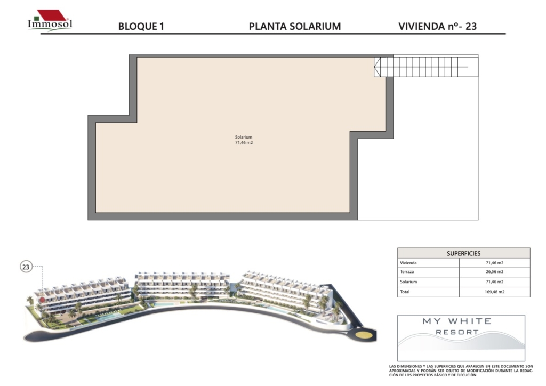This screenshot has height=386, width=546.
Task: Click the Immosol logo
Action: pyautogui.click(x=50, y=21)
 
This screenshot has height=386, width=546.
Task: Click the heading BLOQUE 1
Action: pyautogui.click(x=141, y=27)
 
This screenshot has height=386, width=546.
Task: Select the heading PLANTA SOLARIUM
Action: pyautogui.click(x=294, y=27)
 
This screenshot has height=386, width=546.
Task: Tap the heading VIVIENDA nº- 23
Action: pyautogui.click(x=437, y=27)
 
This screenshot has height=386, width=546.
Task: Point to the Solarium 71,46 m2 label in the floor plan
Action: pyautogui.click(x=244, y=140)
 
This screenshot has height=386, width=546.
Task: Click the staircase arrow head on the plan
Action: pyautogui.click(x=378, y=67)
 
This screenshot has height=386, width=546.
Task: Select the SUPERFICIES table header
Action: pyautogui.click(x=463, y=253)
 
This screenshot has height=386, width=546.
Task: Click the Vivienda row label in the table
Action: pyautogui.click(x=408, y=263)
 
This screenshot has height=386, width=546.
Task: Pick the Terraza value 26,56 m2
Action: pyautogui.click(x=494, y=271)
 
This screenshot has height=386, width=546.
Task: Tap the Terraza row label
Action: pyautogui.click(x=407, y=271)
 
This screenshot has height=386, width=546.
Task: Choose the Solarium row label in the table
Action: pyautogui.click(x=408, y=282)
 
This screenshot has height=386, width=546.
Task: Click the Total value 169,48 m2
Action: pyautogui.click(x=494, y=292)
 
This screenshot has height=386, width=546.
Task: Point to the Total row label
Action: pyautogui.click(x=405, y=292)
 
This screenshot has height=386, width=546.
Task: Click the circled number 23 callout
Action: pyautogui.click(x=26, y=267)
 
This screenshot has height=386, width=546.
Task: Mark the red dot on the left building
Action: pyautogui.click(x=42, y=299)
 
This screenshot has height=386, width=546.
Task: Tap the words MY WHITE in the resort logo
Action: pyautogui.click(x=457, y=321)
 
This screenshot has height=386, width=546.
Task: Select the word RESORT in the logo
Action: pyautogui.click(x=457, y=332)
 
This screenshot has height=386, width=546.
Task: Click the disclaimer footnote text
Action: pyautogui.click(x=461, y=371)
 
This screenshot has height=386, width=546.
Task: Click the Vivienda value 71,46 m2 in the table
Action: pyautogui.click(x=494, y=263)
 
